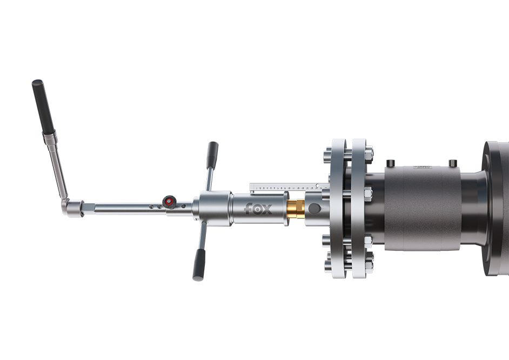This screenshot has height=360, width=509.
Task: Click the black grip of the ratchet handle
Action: (x=43, y=106)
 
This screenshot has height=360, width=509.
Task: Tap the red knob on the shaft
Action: (x=170, y=201)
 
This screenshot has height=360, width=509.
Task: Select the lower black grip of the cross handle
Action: (x=198, y=266)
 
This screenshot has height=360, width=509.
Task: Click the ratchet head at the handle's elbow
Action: (x=72, y=207)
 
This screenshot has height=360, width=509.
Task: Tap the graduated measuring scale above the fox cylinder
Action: (x=281, y=187)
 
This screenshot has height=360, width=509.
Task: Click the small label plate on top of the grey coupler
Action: (x=421, y=168)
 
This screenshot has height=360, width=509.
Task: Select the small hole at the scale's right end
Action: (x=318, y=185)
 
